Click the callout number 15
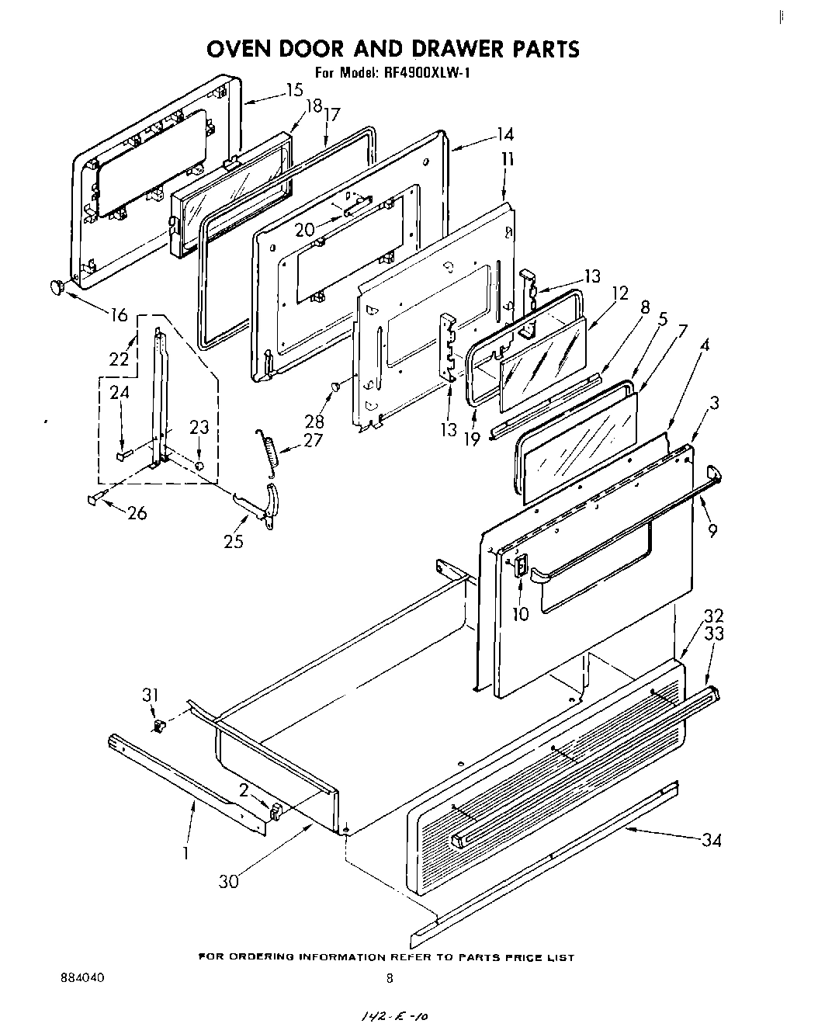(293, 90)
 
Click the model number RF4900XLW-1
(425, 74)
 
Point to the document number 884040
(83, 979)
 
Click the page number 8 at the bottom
(390, 979)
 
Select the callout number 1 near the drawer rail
(185, 852)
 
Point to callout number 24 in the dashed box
(120, 393)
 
